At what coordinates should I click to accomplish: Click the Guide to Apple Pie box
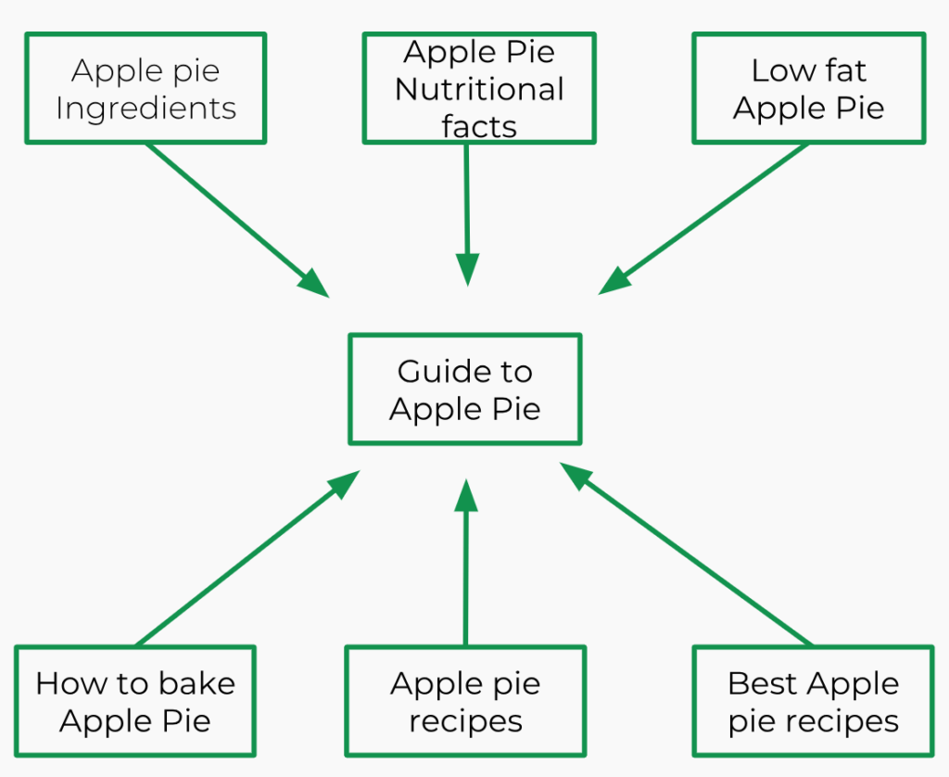[x=464, y=389]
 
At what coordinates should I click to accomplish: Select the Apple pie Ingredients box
[x=146, y=89]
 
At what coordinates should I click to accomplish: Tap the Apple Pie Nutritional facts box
[x=479, y=89]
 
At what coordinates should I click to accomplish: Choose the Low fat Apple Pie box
[x=808, y=89]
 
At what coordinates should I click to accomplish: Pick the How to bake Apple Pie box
[x=135, y=702]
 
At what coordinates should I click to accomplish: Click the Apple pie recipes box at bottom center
[x=464, y=702]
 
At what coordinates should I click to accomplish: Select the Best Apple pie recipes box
[x=813, y=702]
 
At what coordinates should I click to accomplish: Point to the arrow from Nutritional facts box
[x=467, y=213]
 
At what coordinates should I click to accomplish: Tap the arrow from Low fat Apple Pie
[x=704, y=219]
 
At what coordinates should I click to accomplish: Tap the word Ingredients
[x=146, y=108]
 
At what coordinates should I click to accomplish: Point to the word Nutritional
[x=479, y=89]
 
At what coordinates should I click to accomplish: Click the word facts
[x=479, y=126]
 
